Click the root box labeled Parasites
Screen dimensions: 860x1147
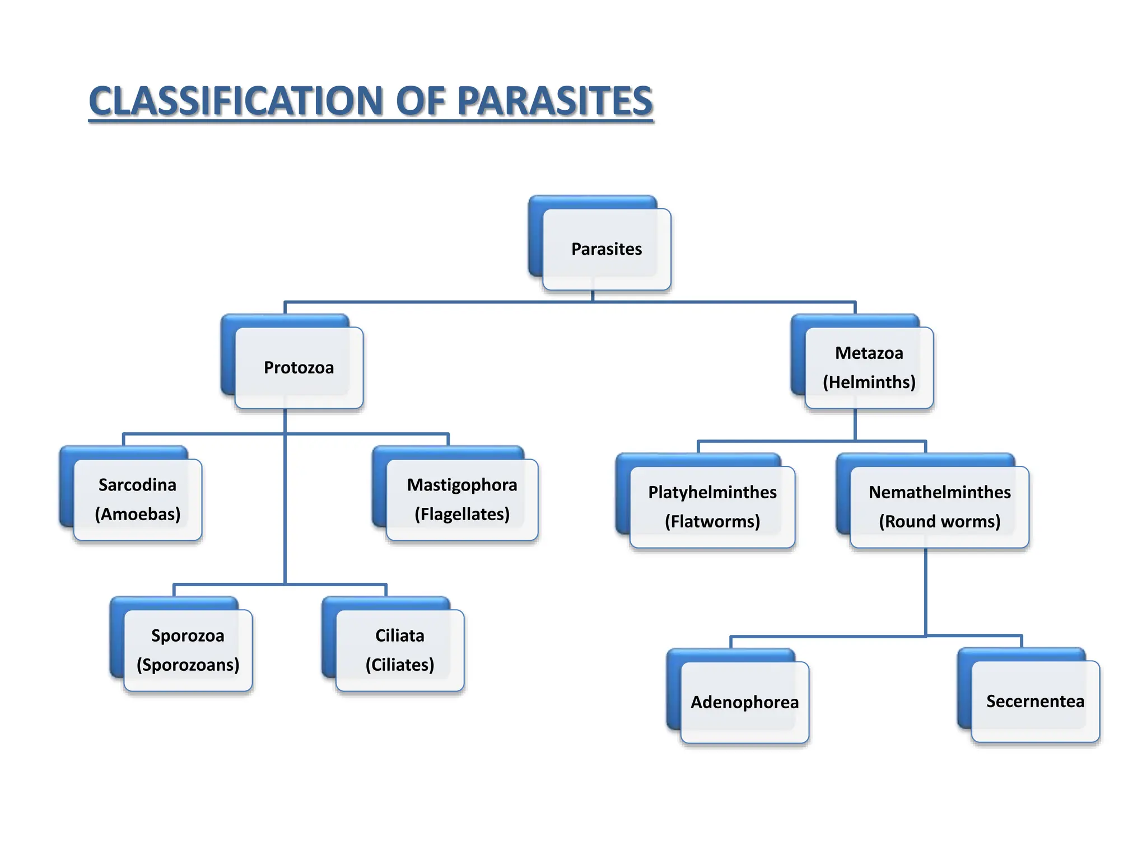(607, 249)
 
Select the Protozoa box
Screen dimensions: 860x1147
(299, 368)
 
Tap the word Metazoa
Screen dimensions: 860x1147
(869, 353)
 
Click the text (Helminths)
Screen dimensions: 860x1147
(869, 382)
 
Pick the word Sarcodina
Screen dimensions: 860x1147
(137, 485)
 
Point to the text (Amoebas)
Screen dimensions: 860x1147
(137, 514)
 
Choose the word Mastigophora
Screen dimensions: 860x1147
(462, 485)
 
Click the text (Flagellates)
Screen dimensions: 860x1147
(462, 514)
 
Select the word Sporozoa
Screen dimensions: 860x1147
(188, 636)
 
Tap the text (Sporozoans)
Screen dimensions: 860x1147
(188, 665)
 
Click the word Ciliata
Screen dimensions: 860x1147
(399, 636)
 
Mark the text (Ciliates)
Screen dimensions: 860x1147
(399, 665)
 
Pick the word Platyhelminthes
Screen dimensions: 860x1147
(712, 492)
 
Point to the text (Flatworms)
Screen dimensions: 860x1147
(712, 522)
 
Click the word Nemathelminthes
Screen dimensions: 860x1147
(939, 492)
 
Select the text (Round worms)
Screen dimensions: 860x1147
(939, 522)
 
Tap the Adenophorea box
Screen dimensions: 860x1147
(744, 702)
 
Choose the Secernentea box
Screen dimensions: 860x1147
(1035, 702)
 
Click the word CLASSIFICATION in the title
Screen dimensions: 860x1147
(236, 101)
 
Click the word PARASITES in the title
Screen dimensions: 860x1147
(555, 101)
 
